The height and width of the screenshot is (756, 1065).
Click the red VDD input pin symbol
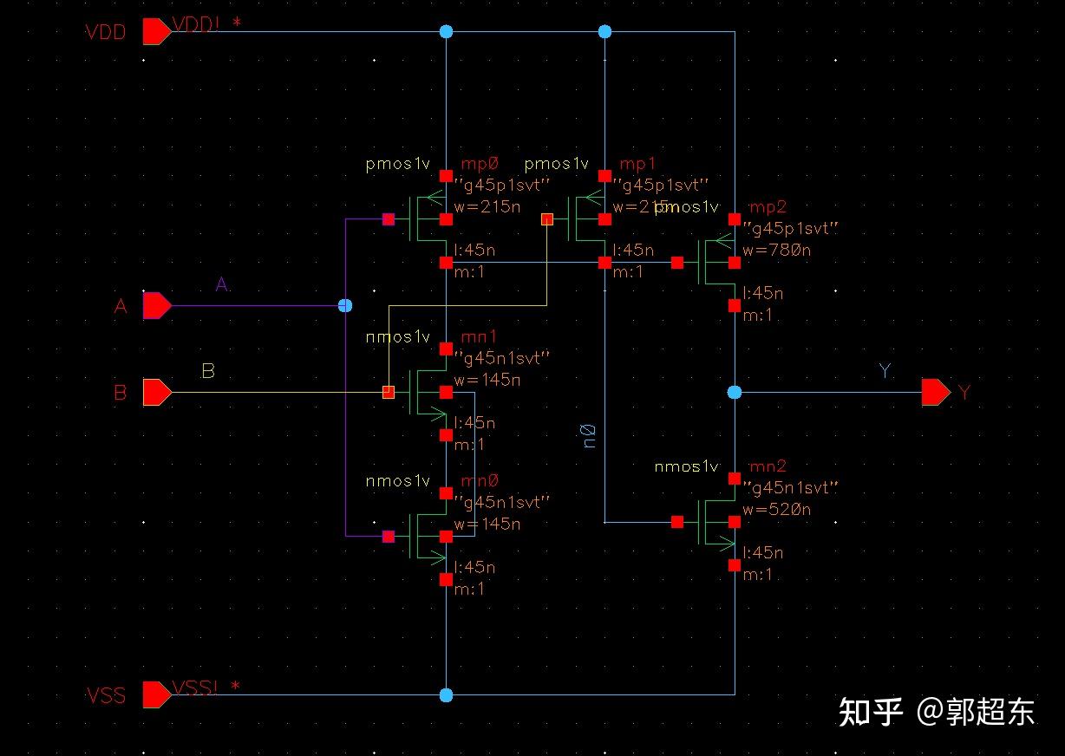pos(156,32)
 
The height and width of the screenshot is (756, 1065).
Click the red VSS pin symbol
pos(156,695)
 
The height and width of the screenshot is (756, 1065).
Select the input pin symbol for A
pos(156,306)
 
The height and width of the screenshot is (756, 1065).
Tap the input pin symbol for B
pos(156,393)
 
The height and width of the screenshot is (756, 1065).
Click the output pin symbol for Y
pos(936,393)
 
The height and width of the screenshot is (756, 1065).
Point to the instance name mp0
pos(480,164)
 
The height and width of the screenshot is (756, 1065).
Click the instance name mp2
pos(767,207)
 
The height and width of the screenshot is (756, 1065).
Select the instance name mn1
pos(479,336)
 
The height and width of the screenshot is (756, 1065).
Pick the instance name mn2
pos(768,466)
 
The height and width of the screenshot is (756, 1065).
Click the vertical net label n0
pos(590,436)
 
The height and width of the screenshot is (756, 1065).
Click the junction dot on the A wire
pos(344,306)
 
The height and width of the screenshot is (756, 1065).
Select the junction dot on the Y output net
pos(735,393)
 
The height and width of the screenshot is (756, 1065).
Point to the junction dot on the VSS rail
pos(446,695)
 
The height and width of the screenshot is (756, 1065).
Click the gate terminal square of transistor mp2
pos(677,263)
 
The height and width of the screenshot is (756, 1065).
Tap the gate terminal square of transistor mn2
pos(677,522)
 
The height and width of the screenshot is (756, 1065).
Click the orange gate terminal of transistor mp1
pos(547,219)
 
